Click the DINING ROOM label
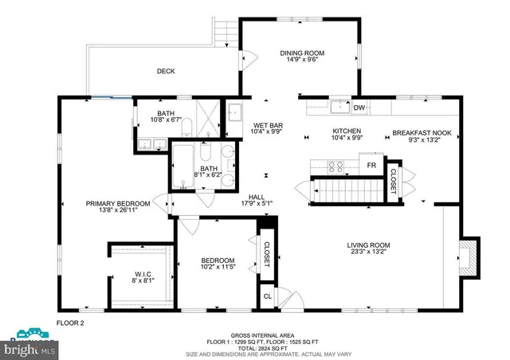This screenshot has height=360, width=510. coord(301,54)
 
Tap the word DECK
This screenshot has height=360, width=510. coord(165,72)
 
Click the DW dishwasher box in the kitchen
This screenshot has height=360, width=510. coord(359,108)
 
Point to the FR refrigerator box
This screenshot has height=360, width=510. coord(371,166)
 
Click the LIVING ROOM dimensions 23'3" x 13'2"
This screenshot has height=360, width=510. coord(367,252)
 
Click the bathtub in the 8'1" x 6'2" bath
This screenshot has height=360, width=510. coord(182,168)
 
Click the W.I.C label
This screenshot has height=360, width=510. coord(142,276)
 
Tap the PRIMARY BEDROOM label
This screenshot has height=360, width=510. coord(118,204)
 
